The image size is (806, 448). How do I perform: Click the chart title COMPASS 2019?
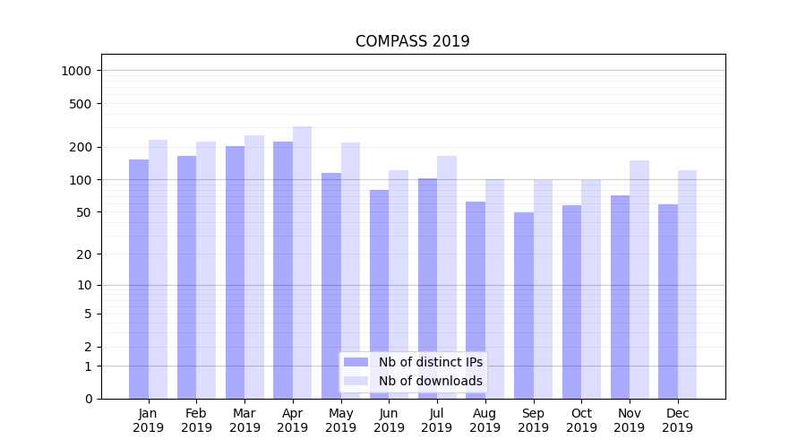(412, 41)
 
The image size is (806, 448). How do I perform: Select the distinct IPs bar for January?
(139, 279)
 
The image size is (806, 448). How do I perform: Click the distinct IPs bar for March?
(235, 272)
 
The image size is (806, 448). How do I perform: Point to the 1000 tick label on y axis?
(76, 71)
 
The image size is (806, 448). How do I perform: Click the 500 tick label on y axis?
(80, 104)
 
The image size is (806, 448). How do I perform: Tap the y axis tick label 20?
(83, 254)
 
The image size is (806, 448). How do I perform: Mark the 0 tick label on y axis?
(87, 399)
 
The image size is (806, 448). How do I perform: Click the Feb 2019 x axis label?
(196, 420)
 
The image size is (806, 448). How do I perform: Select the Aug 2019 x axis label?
(485, 420)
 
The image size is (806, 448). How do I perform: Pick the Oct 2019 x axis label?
(581, 420)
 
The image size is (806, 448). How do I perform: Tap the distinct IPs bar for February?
(186, 277)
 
